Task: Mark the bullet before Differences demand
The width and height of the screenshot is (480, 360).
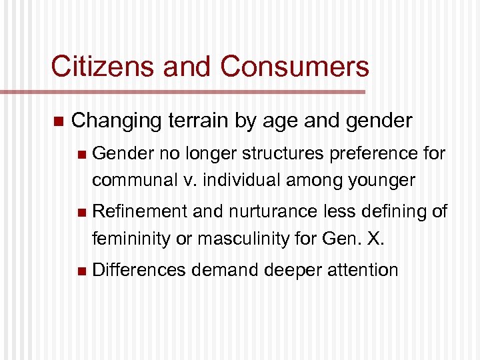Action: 81,271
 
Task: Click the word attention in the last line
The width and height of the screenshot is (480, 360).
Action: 365,270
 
